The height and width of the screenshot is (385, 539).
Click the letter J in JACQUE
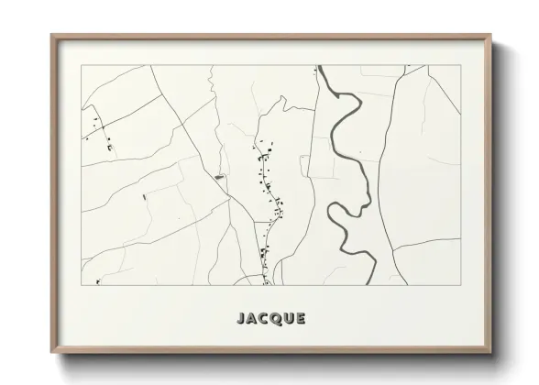click(241, 319)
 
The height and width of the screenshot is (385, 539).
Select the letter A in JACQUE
click(252, 319)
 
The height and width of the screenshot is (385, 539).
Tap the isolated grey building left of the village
click(218, 176)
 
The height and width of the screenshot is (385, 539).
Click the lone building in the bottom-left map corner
click(97, 281)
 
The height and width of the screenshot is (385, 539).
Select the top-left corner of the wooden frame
click(52, 36)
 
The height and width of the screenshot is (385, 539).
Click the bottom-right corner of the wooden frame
click(490, 353)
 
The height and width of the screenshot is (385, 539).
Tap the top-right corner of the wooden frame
click(490, 36)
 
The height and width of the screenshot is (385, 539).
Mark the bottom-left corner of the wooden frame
click(52, 353)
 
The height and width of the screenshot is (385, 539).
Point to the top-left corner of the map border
click(82, 65)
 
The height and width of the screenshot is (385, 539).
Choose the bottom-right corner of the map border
click(461, 285)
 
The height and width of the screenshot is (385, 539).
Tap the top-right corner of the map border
click(461, 65)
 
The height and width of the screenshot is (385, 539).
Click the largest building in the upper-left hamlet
click(109, 147)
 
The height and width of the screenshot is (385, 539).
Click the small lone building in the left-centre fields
click(143, 195)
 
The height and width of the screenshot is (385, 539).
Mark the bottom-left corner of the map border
click(82, 285)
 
